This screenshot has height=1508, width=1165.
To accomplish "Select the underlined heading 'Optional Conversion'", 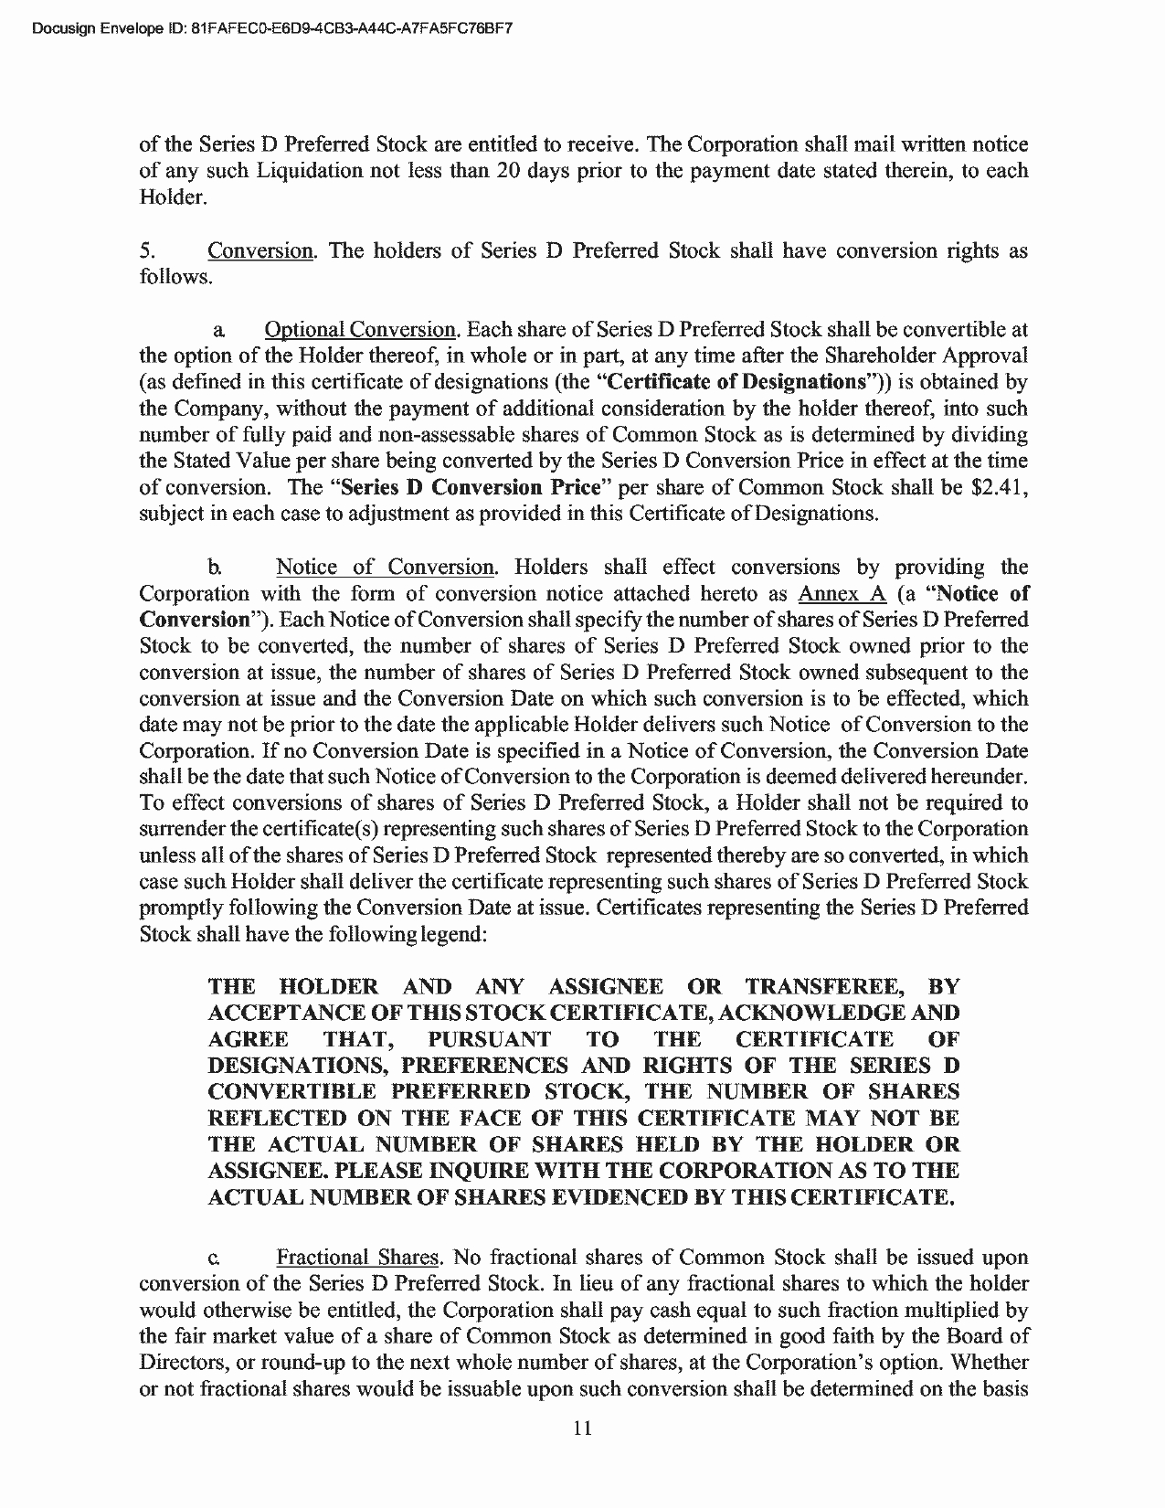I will point(360,329).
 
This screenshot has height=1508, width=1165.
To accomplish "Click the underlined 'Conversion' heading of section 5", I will point(260,250).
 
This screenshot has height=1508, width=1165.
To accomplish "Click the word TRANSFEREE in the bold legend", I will point(825,986).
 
